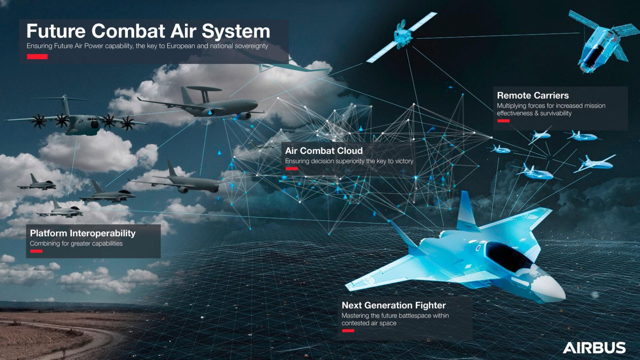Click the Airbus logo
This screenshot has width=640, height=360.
(594, 348)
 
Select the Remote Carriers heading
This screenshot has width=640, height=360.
(533, 95)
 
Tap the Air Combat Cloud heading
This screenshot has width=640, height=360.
(324, 151)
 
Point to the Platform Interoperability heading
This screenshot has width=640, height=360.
(83, 233)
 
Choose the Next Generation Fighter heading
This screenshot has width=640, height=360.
(394, 305)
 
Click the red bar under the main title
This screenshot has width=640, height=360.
(37, 57)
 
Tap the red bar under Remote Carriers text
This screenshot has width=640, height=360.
(503, 121)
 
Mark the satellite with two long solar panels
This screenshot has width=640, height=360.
(402, 37)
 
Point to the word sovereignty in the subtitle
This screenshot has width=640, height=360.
(251, 46)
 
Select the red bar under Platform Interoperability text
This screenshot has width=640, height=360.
(36, 251)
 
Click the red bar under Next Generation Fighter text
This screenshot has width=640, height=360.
(348, 331)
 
